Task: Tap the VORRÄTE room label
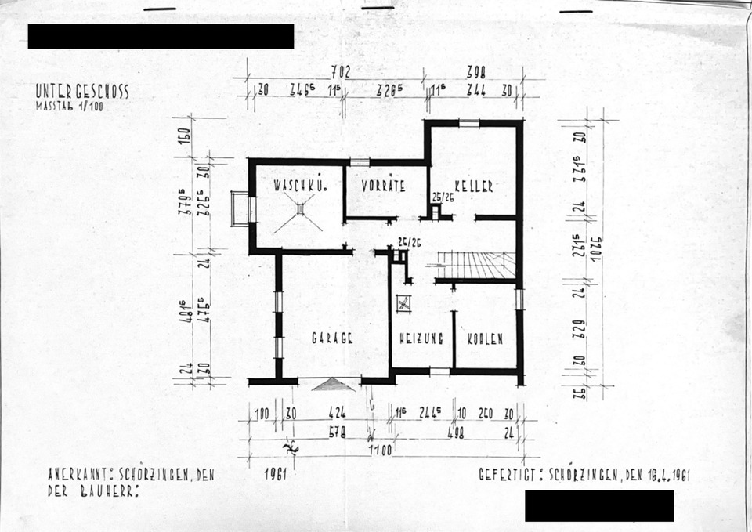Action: [x=383, y=186]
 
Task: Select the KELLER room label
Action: [x=474, y=186]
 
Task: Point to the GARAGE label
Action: [x=334, y=338]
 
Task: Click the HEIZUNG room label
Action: [x=421, y=338]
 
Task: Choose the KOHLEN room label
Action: [x=485, y=338]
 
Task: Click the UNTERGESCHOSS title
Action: [x=82, y=92]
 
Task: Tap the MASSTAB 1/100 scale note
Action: [x=69, y=106]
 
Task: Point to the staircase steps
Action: [x=475, y=265]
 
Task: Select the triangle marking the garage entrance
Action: [x=334, y=384]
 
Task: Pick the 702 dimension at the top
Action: [x=340, y=72]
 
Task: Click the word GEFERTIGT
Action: [x=510, y=475]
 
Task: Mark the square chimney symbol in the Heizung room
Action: [x=404, y=302]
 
